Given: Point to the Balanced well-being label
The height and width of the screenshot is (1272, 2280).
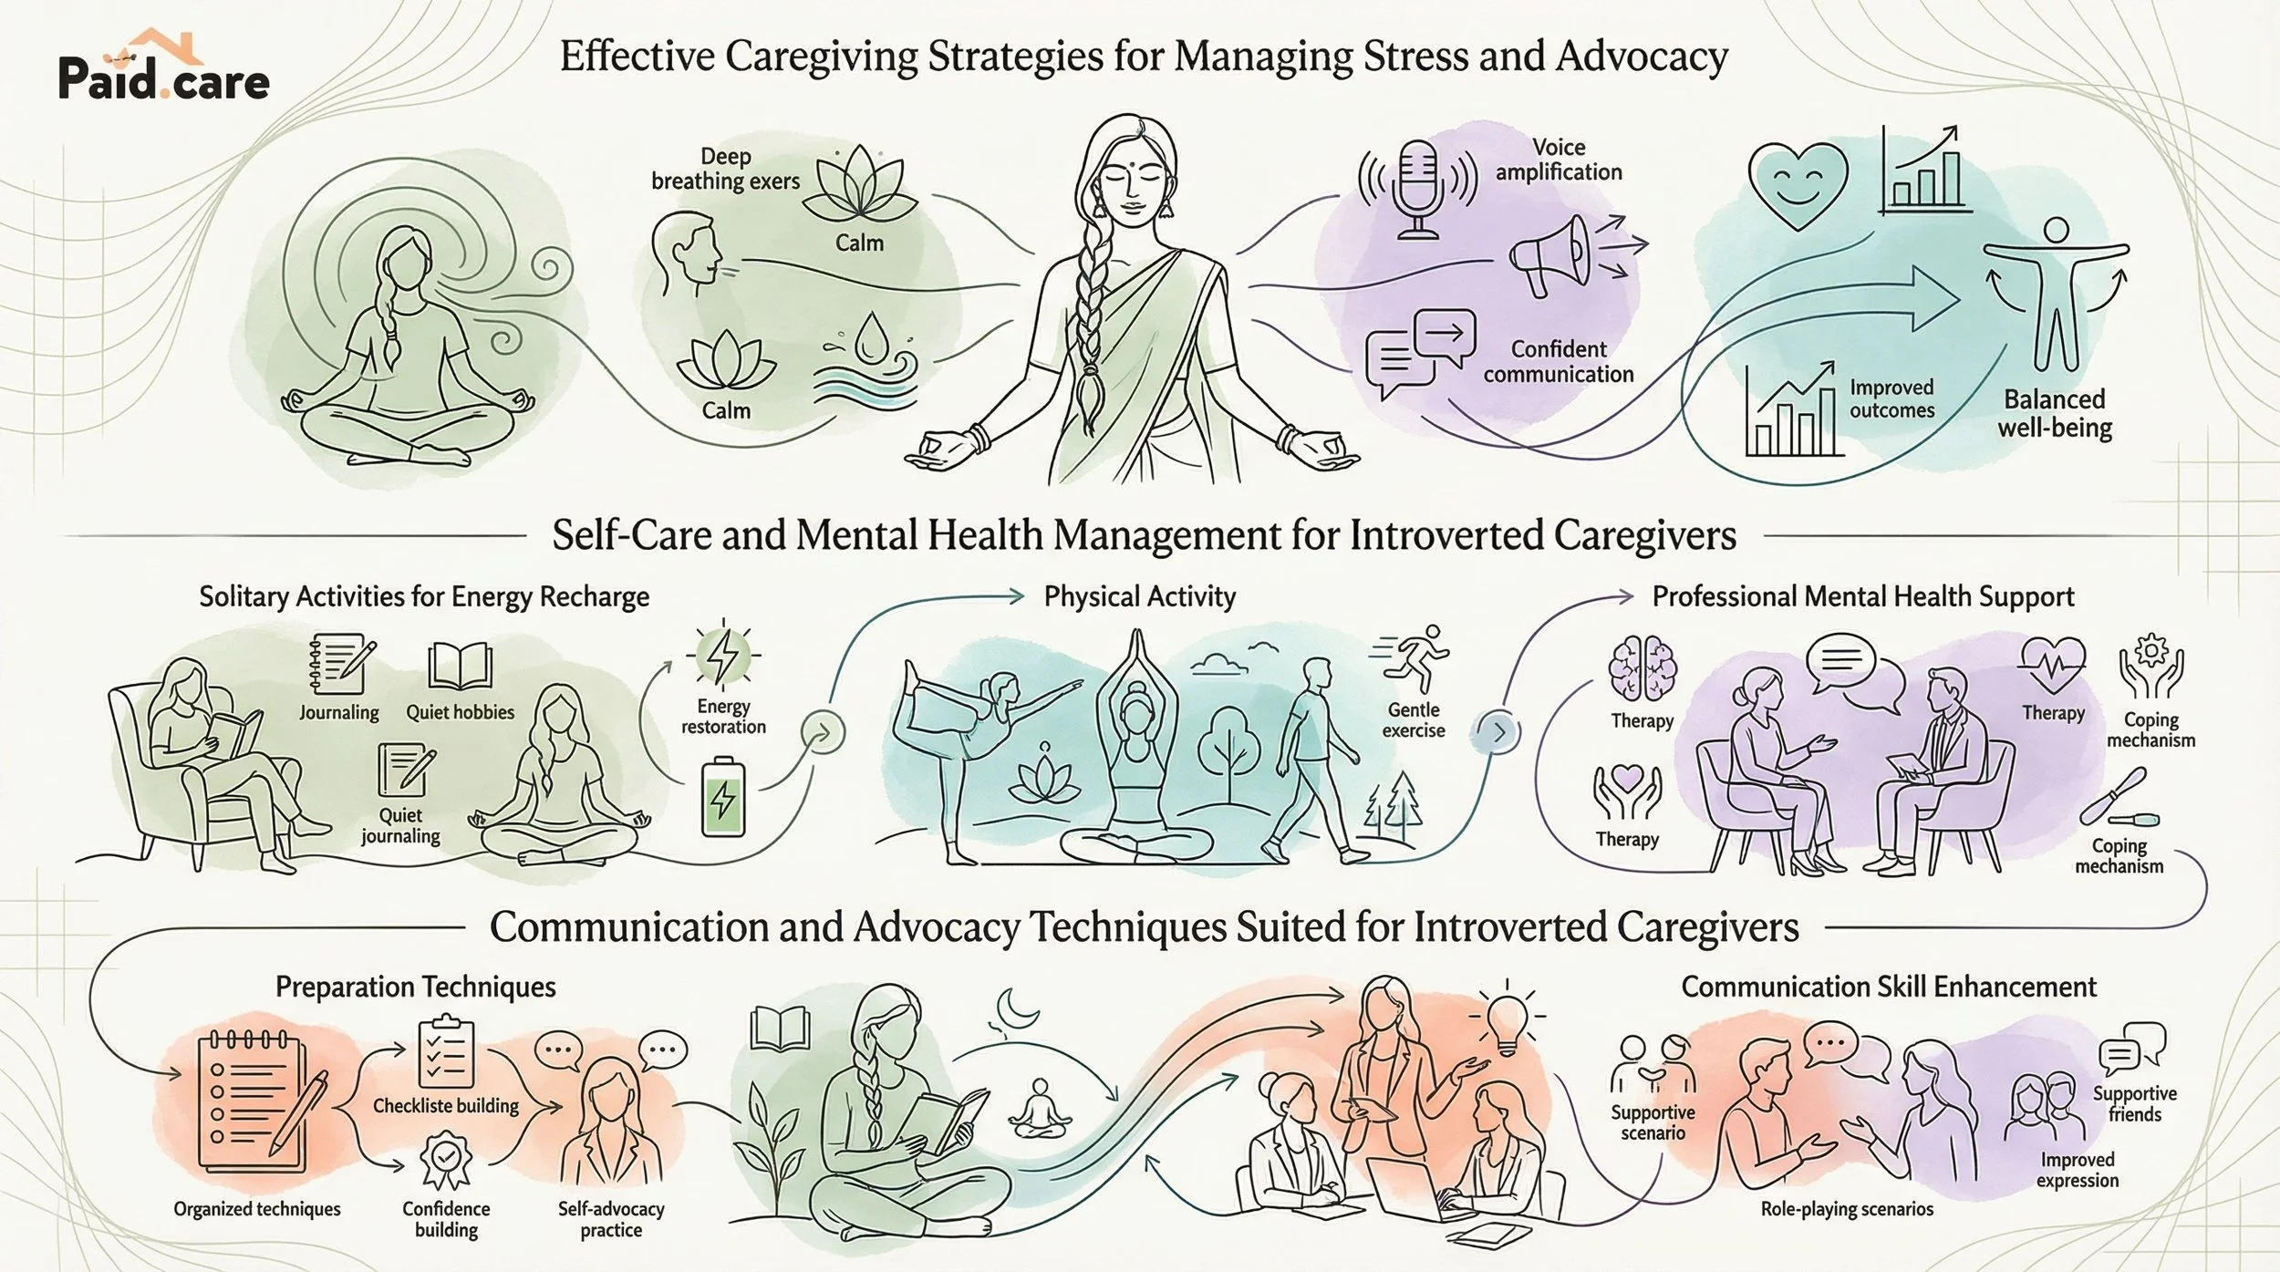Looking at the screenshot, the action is pos(2055,413).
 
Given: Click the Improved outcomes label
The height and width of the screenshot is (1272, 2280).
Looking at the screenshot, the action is pos(1891,398).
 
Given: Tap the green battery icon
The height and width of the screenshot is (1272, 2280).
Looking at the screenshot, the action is pos(722,796).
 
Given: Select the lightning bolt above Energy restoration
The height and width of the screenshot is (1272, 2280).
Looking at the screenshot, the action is pos(723,654).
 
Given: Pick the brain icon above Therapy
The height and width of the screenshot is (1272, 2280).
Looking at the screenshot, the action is pos(1643,669).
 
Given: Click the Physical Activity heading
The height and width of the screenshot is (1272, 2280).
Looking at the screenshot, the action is pos(1140,597).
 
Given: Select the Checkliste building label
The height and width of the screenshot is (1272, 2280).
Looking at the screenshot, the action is pos(445,1106).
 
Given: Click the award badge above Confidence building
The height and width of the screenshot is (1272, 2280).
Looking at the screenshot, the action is pos(445,1160).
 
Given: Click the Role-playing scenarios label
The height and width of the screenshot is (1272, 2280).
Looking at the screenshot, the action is pos(1847,1209).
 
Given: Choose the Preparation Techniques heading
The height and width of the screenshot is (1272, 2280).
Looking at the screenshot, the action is pos(415,987).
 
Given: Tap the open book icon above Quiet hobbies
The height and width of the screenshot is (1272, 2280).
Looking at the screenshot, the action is pos(461,665).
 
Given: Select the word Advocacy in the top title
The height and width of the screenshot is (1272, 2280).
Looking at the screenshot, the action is pos(1642,57).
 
